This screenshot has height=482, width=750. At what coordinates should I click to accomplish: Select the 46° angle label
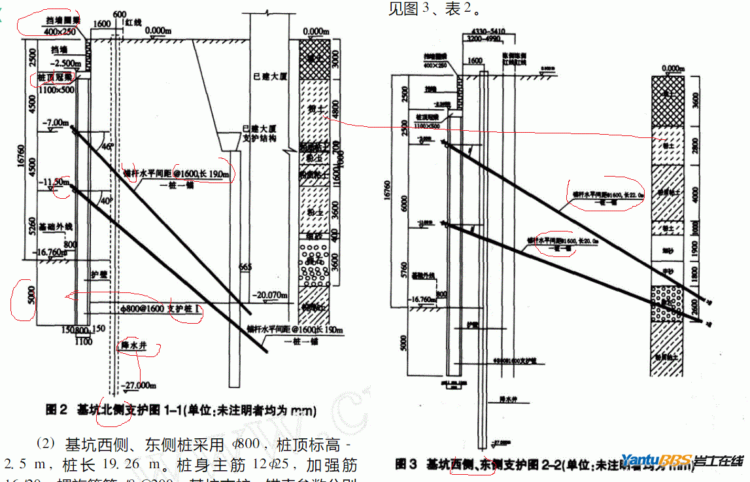point(108,146)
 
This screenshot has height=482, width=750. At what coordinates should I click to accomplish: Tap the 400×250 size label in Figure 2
point(60,31)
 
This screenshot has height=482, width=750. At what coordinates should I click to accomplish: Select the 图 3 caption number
point(406,464)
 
